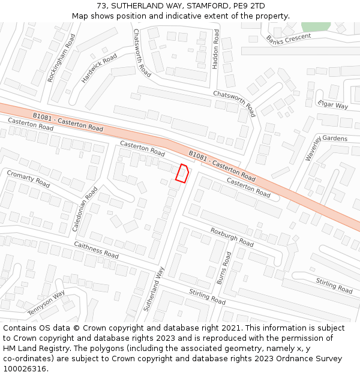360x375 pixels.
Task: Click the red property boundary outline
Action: [x=182, y=172]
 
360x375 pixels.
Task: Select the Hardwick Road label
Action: [x=99, y=68]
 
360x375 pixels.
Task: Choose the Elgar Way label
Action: [x=332, y=104]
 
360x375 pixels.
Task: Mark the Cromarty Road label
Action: [x=28, y=178]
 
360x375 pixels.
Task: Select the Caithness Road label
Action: [x=96, y=250]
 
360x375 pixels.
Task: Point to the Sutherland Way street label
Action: [x=154, y=289]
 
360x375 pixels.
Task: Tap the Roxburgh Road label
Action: [x=232, y=236]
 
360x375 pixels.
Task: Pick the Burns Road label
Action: [x=224, y=268]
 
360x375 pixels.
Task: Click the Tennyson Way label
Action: [x=46, y=303]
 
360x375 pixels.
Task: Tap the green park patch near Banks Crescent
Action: [x=316, y=26]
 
